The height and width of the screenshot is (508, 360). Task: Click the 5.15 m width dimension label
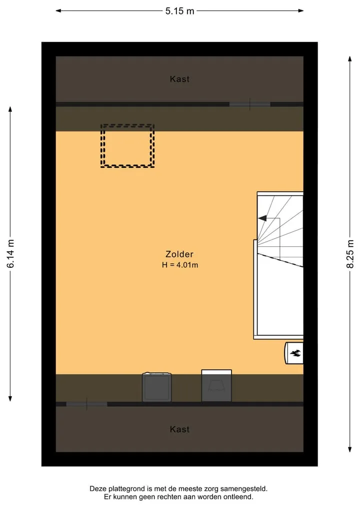(179, 11)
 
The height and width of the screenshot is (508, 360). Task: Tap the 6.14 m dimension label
(10, 254)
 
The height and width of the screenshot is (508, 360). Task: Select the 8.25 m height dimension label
(350, 254)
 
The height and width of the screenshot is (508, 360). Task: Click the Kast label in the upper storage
(179, 79)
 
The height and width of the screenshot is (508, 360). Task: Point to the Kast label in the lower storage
(179, 429)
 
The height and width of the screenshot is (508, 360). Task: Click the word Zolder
(179, 254)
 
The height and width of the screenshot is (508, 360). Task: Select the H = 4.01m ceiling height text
(180, 265)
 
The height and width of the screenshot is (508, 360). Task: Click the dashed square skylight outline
(127, 125)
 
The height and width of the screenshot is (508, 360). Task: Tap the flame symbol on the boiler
(295, 353)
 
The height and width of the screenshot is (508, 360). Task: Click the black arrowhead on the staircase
(262, 218)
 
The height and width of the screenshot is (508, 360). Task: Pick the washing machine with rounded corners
(157, 387)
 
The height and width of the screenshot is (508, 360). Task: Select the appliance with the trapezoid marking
(216, 386)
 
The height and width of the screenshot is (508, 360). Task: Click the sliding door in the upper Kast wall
(249, 104)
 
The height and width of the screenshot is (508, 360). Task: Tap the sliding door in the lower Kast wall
(86, 404)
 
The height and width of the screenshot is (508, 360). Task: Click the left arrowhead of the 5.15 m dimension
(58, 10)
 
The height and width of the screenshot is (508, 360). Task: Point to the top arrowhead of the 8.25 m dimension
(350, 59)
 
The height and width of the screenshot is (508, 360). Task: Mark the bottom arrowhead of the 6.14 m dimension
(10, 399)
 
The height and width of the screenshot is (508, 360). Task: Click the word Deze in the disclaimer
(98, 489)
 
